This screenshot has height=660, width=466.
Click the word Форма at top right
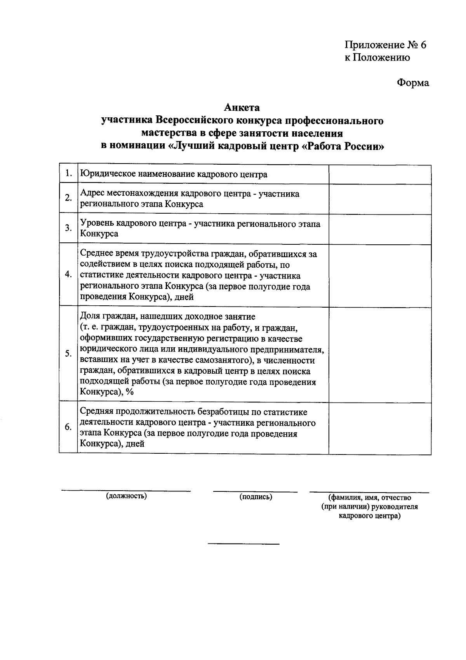(x=413, y=83)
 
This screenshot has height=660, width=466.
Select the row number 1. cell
(x=68, y=174)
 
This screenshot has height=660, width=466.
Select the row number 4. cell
(x=68, y=275)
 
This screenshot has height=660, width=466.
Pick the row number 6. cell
(x=68, y=427)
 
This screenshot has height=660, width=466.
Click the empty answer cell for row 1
(x=379, y=174)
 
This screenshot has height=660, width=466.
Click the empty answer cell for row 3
(x=379, y=228)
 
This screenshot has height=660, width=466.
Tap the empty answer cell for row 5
(x=379, y=354)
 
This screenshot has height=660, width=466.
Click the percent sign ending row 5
(x=130, y=392)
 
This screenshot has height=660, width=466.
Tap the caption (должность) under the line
(x=126, y=496)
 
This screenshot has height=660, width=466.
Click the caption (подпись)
(x=256, y=496)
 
